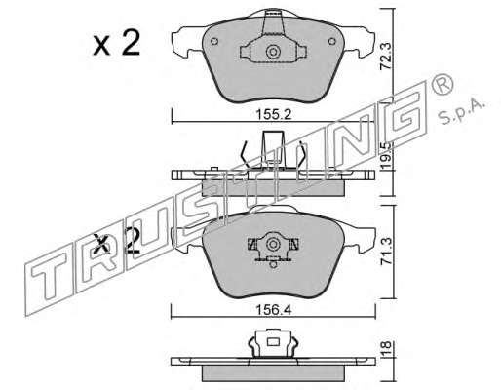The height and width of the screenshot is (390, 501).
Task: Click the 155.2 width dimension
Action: (274, 114)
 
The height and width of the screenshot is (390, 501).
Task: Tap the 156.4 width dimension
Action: (274, 310)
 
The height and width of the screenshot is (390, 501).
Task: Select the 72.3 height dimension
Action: (386, 58)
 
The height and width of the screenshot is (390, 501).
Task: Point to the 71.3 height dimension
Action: (386, 251)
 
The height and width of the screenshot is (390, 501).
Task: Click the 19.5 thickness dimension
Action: (386, 156)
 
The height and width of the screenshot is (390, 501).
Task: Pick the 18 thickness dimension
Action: (386, 349)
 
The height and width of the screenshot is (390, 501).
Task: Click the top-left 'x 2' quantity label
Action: (117, 42)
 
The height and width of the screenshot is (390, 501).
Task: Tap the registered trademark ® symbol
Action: (442, 84)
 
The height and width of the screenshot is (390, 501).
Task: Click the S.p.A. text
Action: (461, 112)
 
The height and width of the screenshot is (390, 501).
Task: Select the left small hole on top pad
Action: (214, 42)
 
